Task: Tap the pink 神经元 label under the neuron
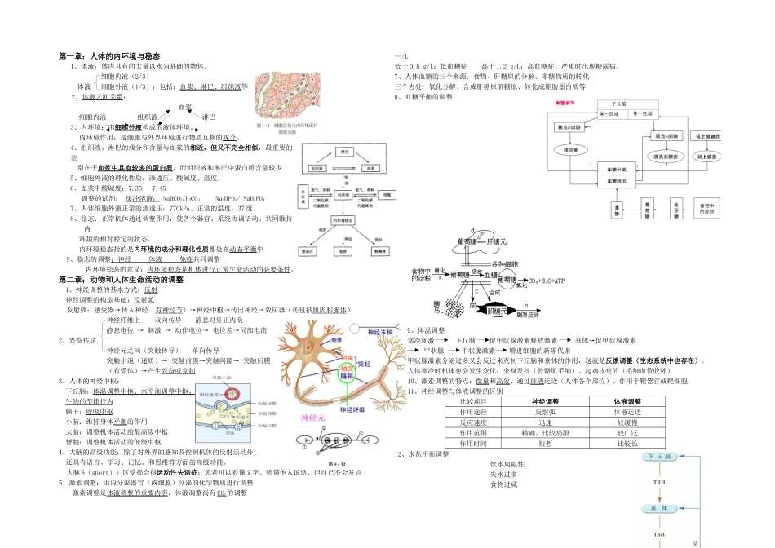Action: coord(314,418)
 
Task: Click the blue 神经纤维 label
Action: coord(372,397)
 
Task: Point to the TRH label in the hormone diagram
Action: coord(659,482)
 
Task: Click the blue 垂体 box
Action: coord(659,507)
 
